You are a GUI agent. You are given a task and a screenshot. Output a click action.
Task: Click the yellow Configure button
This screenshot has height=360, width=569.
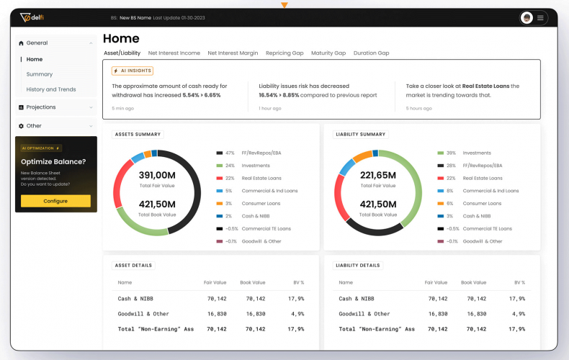[x=55, y=201]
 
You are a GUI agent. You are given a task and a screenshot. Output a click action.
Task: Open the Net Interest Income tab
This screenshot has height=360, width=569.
[x=174, y=53]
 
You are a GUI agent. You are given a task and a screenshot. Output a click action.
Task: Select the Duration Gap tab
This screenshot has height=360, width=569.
[x=371, y=53]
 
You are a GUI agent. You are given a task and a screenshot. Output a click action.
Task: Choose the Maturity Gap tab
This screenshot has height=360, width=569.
[x=328, y=53]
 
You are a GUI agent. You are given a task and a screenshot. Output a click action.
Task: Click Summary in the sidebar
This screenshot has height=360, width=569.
[x=40, y=74]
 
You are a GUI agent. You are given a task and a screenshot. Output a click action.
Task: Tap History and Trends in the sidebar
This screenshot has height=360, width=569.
[x=51, y=89]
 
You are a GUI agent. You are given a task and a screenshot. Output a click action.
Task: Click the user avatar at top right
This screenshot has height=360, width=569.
[x=527, y=18]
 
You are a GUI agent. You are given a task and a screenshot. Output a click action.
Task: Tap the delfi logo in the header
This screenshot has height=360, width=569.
[x=35, y=18]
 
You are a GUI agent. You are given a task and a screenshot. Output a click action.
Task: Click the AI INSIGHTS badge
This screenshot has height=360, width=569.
[x=132, y=71]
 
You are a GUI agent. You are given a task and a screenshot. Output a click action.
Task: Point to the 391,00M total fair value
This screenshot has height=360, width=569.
[x=157, y=175]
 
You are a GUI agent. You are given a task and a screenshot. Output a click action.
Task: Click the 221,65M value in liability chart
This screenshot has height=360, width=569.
[x=378, y=175]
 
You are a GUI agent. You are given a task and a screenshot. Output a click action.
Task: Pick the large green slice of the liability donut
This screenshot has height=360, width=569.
[x=414, y=180]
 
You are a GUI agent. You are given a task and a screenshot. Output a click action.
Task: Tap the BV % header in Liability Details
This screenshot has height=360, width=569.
[x=519, y=282]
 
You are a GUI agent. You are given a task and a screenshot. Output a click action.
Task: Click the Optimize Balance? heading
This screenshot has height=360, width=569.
[x=53, y=161]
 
